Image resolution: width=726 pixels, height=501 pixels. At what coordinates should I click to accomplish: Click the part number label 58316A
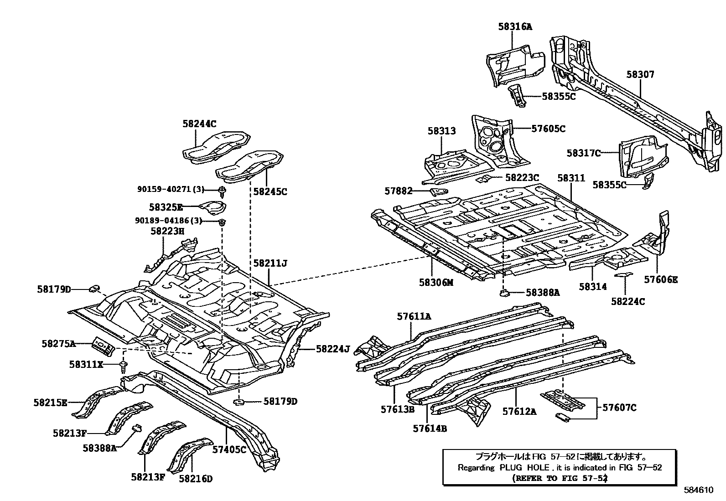point(514,27)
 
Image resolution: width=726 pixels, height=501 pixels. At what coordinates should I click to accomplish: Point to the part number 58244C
point(199,124)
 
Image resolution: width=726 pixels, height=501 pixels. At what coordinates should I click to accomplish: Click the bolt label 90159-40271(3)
point(171,189)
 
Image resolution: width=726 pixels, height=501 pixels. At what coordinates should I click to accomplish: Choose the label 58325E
point(166,207)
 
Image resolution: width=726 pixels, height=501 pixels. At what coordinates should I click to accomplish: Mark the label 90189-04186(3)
point(168,221)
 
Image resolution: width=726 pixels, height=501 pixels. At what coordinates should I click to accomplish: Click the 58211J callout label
point(270,263)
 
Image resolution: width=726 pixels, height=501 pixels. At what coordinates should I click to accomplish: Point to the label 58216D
point(196,479)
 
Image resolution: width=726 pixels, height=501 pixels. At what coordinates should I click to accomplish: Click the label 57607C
point(619,408)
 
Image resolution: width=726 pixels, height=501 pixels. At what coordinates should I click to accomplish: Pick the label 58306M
point(436,283)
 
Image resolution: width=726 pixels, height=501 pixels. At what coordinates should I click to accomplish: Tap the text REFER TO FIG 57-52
point(560,478)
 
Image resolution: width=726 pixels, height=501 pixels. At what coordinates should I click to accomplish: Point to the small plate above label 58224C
point(623,274)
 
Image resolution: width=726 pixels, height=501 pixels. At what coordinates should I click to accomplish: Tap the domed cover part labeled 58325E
point(212,207)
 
